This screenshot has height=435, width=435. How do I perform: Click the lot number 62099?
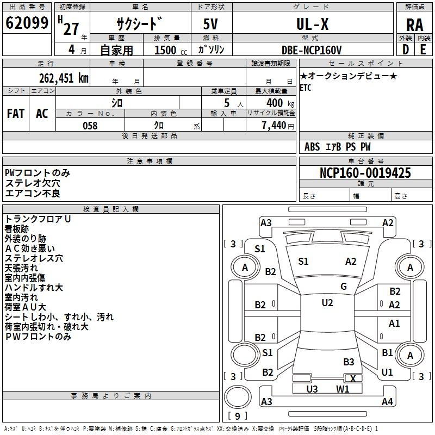27,23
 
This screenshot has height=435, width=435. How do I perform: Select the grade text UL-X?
312,24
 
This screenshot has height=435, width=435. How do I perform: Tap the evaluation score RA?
414,25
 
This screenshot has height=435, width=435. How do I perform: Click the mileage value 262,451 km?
64,78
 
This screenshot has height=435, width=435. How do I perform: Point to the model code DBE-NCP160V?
312,50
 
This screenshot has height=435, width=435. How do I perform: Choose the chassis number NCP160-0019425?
365,173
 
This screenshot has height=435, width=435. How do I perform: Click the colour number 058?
90,126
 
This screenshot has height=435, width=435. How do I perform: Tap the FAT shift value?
16,113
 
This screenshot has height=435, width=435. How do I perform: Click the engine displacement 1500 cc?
171,50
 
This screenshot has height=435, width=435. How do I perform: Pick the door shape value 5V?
210,24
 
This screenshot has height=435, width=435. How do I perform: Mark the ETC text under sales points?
306,88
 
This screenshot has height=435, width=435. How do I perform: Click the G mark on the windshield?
344,286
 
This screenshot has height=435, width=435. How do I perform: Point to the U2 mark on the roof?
327,302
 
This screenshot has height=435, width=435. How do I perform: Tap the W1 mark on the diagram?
343,389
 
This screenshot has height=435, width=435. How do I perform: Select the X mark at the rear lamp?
352,378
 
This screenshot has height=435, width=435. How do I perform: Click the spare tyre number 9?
238,416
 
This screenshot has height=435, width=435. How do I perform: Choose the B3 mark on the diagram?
349,362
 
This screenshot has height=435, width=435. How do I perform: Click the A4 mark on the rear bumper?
387,401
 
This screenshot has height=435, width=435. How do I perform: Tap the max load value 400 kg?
280,103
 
